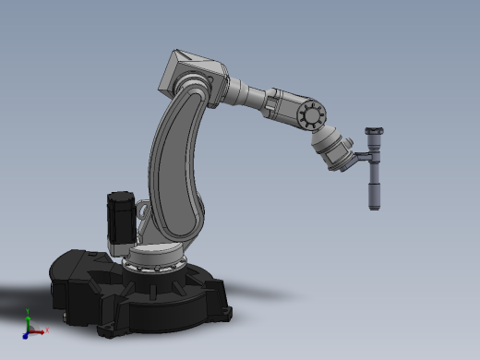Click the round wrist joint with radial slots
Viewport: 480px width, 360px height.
pyautogui.click(x=311, y=115)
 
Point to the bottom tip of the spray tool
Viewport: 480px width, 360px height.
pyautogui.click(x=374, y=206)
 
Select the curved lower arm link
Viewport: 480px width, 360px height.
pyautogui.click(x=175, y=166)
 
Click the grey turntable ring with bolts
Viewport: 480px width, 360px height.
pyautogui.click(x=153, y=267)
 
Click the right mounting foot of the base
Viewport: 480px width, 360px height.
pyautogui.click(x=222, y=314)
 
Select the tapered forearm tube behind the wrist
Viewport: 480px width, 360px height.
pyautogui.click(x=249, y=96)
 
